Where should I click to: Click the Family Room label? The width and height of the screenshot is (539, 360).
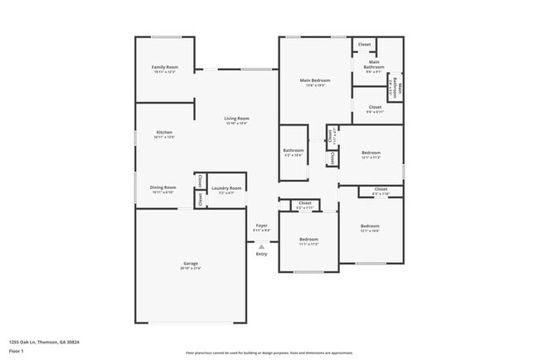tap(164, 66)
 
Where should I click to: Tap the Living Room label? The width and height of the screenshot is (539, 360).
tap(236, 119)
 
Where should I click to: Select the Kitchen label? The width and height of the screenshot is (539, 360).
tap(164, 133)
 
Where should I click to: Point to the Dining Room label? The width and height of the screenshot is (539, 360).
tap(163, 187)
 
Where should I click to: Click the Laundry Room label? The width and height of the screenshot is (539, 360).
tap(226, 187)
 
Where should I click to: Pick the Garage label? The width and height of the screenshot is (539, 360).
tap(191, 263)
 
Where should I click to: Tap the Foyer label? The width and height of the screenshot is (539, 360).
tap(261, 225)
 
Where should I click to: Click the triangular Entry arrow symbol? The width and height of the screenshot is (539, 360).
tap(261, 246)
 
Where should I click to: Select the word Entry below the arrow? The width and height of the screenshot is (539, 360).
tap(261, 254)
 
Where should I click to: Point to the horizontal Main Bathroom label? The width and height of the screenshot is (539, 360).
tap(374, 64)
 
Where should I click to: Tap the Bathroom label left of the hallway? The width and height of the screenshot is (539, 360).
tap(294, 150)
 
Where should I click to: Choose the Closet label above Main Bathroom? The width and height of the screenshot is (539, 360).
tap(364, 44)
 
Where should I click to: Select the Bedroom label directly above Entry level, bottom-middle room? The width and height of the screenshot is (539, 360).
tap(308, 239)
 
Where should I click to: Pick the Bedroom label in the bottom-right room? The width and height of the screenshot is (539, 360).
tap(370, 226)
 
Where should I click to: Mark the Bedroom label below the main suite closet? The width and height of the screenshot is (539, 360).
tap(371, 153)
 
